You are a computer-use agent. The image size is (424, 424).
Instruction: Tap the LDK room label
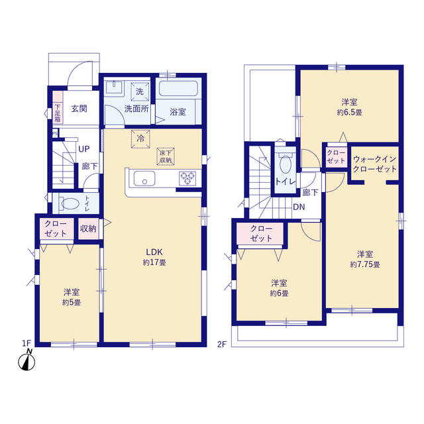[154, 252]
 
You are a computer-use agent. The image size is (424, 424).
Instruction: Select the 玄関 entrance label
[79, 109]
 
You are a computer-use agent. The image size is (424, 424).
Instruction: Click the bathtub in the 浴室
[178, 88]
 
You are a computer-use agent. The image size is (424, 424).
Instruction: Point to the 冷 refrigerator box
[140, 139]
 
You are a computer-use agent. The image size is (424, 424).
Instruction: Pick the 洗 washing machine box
[140, 91]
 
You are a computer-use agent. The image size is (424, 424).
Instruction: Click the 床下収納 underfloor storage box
[166, 156]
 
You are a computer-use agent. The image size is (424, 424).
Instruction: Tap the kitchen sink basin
[144, 178]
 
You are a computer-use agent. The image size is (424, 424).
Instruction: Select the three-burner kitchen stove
[187, 178]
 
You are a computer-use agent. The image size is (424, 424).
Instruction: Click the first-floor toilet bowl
[70, 203]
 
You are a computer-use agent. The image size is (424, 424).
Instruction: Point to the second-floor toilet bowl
[286, 164]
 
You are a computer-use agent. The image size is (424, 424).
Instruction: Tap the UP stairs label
[84, 149]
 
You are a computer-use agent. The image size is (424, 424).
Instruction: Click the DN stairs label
[299, 207]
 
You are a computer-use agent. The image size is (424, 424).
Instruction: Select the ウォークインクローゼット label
[374, 164]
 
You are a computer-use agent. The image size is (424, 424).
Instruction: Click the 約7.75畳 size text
[365, 264]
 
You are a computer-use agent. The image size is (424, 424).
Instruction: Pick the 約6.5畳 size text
[349, 112]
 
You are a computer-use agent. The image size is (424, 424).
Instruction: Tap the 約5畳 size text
[72, 302]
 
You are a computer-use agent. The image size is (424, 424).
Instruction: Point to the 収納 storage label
[88, 229]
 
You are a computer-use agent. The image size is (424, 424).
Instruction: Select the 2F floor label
[222, 344]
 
